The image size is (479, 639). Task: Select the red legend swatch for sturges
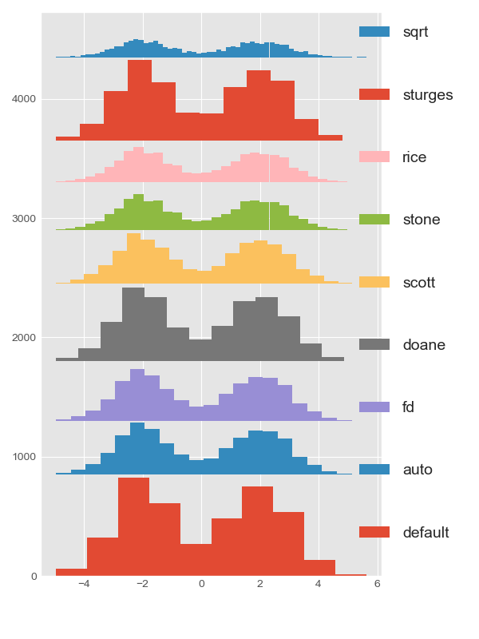374,95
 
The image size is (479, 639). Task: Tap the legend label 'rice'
414,157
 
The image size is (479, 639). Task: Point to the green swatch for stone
374,220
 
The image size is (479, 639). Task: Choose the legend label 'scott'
421,283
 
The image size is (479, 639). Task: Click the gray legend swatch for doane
374,345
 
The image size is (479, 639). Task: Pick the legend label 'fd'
408,407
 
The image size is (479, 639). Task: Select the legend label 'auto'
418,470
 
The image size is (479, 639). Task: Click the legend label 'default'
426,533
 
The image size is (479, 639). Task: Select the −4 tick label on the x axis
83,584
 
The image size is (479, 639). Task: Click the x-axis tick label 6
377,584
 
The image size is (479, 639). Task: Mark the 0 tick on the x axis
201,584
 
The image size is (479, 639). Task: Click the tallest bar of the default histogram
133,527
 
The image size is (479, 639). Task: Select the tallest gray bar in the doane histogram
133,323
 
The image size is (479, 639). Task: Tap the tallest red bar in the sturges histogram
140,100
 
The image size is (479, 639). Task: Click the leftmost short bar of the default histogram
71,572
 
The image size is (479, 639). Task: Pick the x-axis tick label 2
259,584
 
